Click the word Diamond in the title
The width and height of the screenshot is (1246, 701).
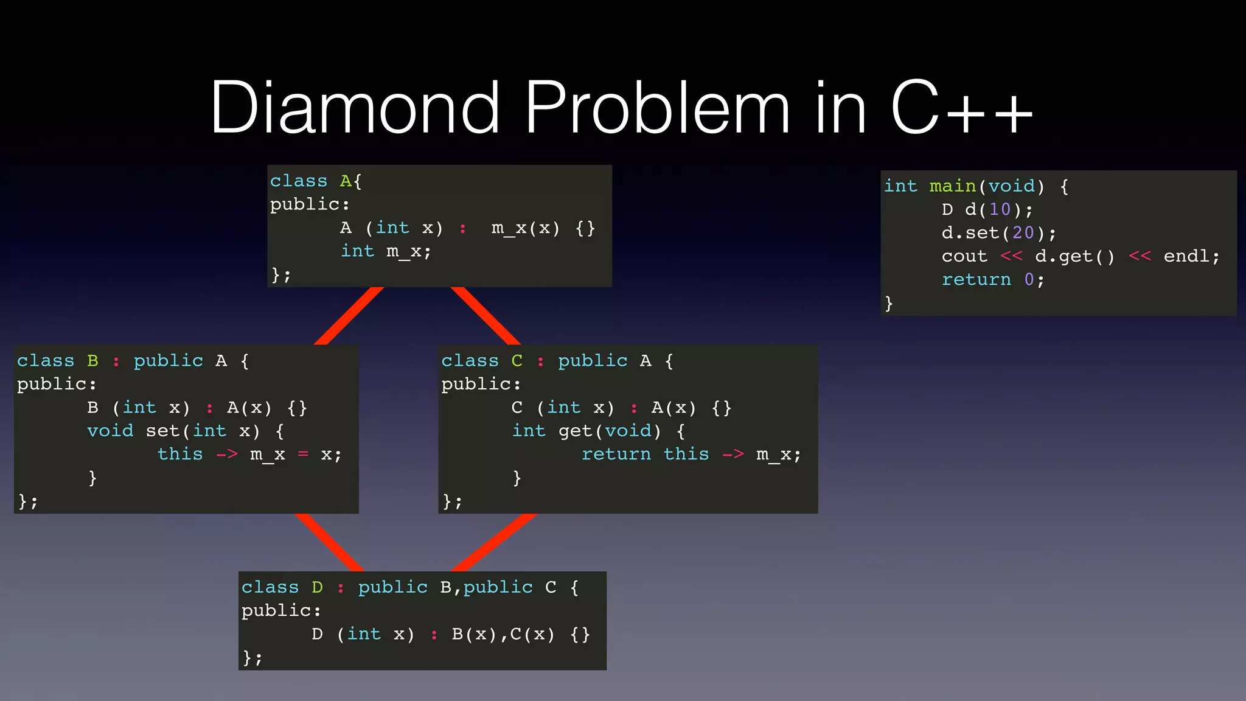[355, 108]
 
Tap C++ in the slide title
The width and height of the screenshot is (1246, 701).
[961, 108]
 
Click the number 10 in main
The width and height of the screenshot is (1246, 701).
[1000, 209]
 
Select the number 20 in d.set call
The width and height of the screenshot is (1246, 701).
[1023, 232]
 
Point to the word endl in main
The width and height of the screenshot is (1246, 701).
[1186, 256]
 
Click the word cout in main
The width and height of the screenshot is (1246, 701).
[964, 256]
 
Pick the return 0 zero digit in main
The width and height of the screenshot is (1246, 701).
[1029, 279]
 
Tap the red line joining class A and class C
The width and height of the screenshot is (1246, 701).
[485, 315]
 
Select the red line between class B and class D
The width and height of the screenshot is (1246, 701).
[329, 542]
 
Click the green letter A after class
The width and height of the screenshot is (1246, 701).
[345, 181]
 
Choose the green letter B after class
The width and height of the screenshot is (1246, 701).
[92, 360]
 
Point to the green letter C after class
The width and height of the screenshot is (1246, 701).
[517, 360]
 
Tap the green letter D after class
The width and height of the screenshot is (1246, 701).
[317, 587]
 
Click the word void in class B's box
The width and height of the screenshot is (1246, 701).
[110, 431]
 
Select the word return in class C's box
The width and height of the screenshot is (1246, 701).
[616, 454]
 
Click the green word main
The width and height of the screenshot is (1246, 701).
[952, 186]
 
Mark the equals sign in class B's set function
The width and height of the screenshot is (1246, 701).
[303, 454]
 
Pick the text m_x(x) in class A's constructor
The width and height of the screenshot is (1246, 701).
[525, 228]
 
